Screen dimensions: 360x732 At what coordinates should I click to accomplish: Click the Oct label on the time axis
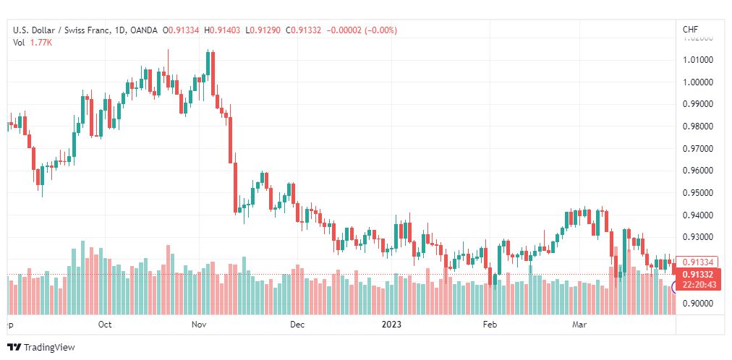pyautogui.click(x=105, y=325)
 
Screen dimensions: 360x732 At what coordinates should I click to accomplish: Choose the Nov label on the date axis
pyautogui.click(x=200, y=325)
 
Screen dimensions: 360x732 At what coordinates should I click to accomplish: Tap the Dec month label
pyautogui.click(x=297, y=325)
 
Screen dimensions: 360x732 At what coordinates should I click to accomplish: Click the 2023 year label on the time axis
pyautogui.click(x=393, y=325)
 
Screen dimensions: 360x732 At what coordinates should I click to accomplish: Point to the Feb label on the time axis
pyautogui.click(x=490, y=325)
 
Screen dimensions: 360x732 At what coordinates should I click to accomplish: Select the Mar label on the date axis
pyautogui.click(x=579, y=325)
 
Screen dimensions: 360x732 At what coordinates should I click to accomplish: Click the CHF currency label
pyautogui.click(x=690, y=30)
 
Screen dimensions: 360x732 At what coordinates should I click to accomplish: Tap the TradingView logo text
pyautogui.click(x=48, y=347)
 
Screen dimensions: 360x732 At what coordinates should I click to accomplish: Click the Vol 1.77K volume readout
pyautogui.click(x=33, y=43)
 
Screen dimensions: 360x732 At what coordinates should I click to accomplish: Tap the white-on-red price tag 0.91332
pyautogui.click(x=697, y=275)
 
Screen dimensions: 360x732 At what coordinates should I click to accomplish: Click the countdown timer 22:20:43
pyautogui.click(x=697, y=285)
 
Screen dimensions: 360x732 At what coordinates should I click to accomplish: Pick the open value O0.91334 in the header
pyautogui.click(x=182, y=30)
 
